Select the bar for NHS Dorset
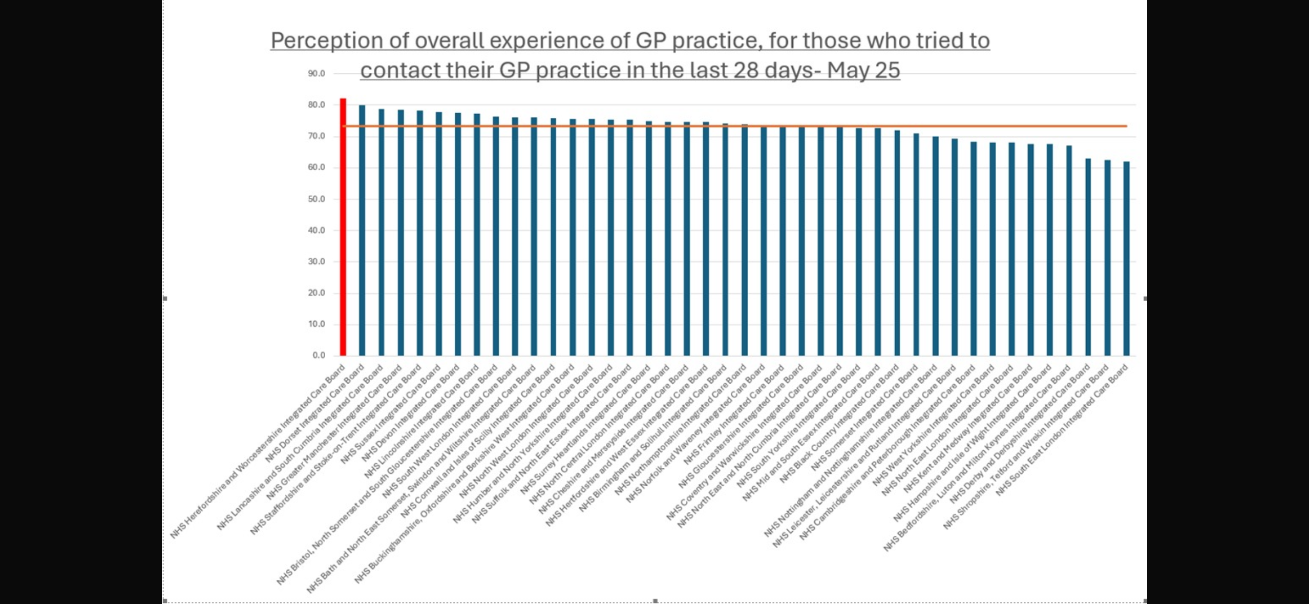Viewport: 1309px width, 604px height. point(362,231)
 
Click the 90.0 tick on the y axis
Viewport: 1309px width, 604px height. point(316,74)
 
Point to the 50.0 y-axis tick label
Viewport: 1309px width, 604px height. point(316,199)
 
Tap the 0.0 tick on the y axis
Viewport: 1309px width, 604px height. point(319,356)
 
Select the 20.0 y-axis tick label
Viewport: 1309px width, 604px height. point(316,293)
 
